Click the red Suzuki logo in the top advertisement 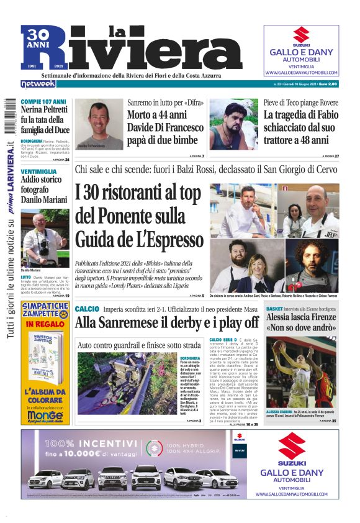(301, 35)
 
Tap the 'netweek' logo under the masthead (38, 83)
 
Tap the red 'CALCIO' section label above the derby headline (87, 309)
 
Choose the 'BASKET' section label (274, 308)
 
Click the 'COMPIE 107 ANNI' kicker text (43, 101)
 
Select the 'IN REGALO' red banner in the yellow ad (45, 323)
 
